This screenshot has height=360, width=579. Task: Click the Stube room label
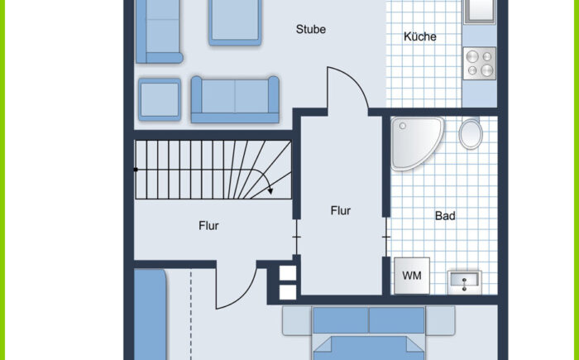pos(310,29)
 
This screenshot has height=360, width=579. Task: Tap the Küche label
pos(420,36)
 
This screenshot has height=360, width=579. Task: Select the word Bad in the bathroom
pos(445,215)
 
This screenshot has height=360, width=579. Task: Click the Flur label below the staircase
pos(208,225)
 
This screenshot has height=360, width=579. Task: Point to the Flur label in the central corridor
pos(341,211)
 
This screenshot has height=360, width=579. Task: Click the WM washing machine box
pos(412,276)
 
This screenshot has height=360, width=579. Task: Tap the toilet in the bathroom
pos(471,133)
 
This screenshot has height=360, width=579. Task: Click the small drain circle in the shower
pos(403,126)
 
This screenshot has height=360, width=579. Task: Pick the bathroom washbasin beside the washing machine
pos(465,282)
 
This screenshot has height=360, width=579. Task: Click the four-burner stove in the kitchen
pos(479,63)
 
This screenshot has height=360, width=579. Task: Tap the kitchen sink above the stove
pos(479,11)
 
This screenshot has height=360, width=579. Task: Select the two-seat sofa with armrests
pos(235,100)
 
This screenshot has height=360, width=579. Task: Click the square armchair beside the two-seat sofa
pos(160,99)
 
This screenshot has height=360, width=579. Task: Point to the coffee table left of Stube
pos(235,22)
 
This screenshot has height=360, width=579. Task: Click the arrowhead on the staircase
pos(270,190)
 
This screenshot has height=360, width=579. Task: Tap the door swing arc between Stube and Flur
pos(354,79)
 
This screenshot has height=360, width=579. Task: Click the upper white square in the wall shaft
pos(288,273)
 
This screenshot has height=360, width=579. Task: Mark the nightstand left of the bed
pos(297,320)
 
